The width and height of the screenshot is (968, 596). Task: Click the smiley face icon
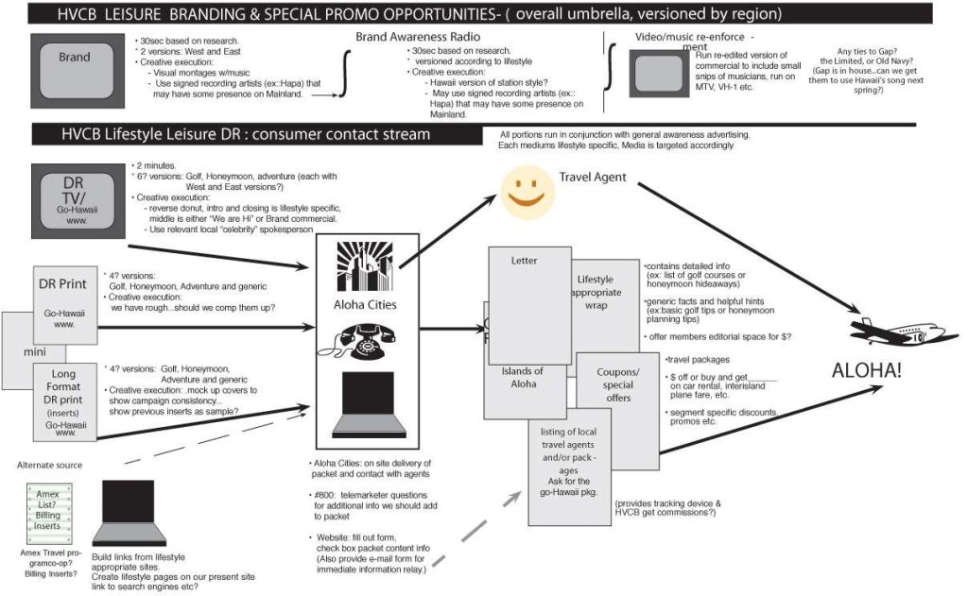click(x=526, y=189)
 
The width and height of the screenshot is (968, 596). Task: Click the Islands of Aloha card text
click(x=523, y=377)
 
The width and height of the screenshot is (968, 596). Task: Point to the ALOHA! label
click(x=866, y=370)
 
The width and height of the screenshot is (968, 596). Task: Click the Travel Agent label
click(x=594, y=177)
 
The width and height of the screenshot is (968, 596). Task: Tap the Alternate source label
click(x=49, y=465)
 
